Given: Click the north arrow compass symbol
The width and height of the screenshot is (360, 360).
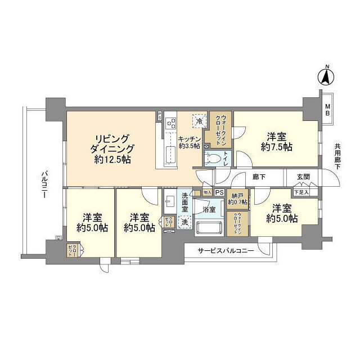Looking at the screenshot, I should point(326,76).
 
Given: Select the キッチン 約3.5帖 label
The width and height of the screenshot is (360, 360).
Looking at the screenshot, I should point(190,142).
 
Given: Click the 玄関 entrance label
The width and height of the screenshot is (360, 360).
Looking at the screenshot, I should point(304,176).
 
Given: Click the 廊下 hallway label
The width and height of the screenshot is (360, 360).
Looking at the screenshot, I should point(259,176).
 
